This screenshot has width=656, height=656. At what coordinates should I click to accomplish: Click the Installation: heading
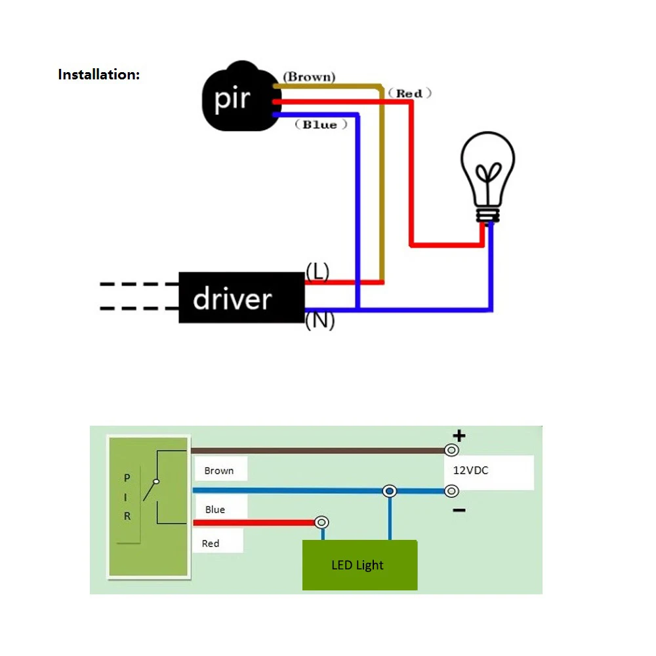pyautogui.click(x=99, y=74)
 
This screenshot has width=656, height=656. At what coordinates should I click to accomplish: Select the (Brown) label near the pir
pyautogui.click(x=309, y=77)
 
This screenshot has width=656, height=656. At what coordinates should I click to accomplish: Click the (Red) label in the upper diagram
pyautogui.click(x=409, y=93)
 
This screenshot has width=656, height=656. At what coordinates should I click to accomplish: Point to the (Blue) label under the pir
pyautogui.click(x=319, y=125)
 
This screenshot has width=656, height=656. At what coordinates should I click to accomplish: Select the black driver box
pyautogui.click(x=241, y=298)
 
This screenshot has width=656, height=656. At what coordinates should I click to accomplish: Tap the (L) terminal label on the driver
pyautogui.click(x=318, y=271)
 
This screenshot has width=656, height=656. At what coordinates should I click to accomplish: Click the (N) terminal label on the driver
pyautogui.click(x=320, y=321)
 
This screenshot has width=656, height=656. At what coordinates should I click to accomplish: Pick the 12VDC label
pyautogui.click(x=471, y=470)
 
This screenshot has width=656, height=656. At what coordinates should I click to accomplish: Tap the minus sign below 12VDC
pyautogui.click(x=459, y=510)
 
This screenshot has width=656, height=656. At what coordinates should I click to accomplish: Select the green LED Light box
pyautogui.click(x=359, y=565)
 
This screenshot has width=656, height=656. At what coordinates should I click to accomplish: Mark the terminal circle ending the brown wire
pyautogui.click(x=451, y=450)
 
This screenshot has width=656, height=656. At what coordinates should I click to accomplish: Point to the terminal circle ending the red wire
pyautogui.click(x=321, y=522)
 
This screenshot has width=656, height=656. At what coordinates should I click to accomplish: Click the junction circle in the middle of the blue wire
pyautogui.click(x=390, y=491)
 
